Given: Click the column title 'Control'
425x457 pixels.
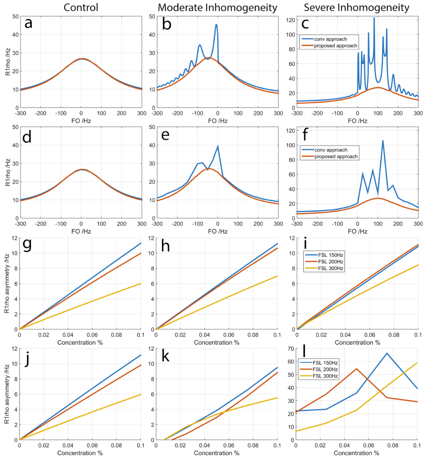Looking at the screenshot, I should tap(81, 7).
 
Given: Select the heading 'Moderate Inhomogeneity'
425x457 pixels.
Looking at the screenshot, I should tap(217, 7).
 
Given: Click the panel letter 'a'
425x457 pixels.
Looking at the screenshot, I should tap(29, 23).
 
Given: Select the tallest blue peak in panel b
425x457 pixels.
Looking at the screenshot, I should tap(216, 25).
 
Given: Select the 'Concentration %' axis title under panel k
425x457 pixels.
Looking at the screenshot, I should tap(217, 453).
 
